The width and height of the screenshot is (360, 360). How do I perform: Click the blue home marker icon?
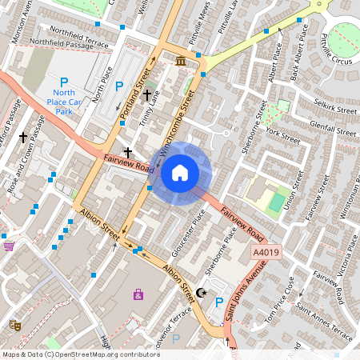[180, 173]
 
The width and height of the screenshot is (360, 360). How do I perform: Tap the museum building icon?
[181, 62]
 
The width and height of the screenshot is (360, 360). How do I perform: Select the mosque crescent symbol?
[202, 293]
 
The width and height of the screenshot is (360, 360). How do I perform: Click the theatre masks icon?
[14, 325]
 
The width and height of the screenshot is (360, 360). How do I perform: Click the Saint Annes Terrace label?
[323, 320]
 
